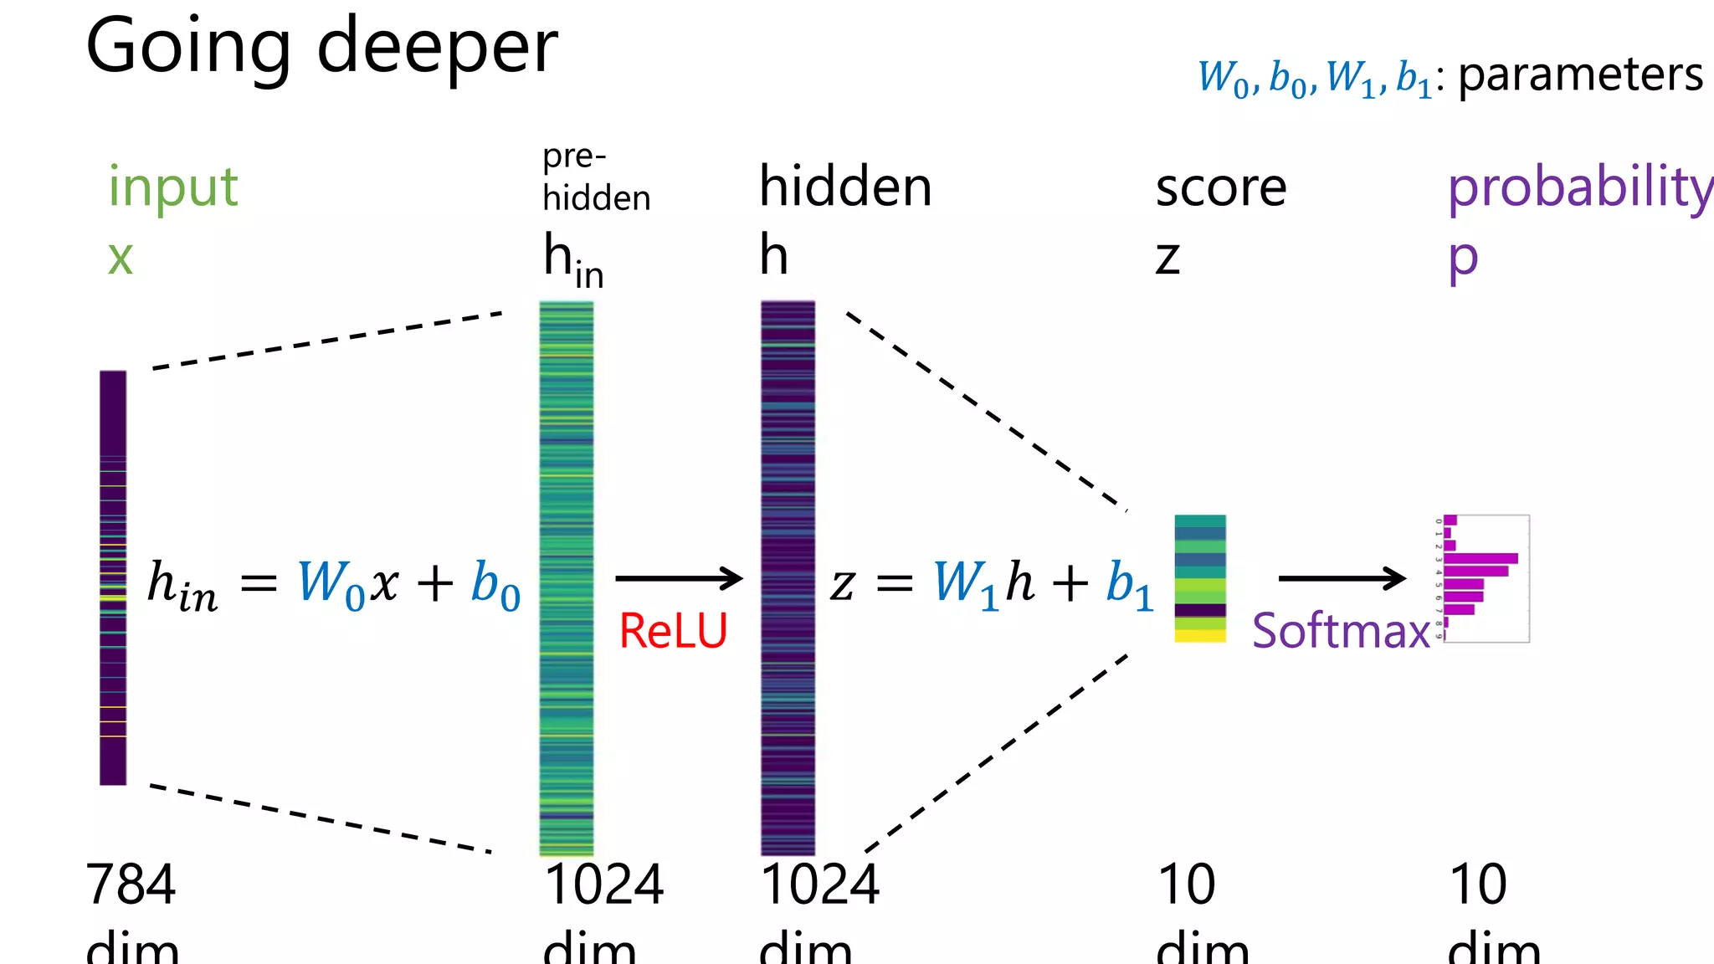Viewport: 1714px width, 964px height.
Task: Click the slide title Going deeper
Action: point(321,47)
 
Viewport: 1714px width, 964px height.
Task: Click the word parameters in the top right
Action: point(1580,75)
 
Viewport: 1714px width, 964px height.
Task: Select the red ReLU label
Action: point(673,631)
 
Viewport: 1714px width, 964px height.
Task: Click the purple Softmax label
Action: point(1341,631)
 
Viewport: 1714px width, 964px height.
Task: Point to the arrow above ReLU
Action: point(678,578)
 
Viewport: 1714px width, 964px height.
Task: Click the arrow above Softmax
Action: point(1342,578)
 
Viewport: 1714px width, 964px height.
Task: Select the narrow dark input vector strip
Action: point(113,577)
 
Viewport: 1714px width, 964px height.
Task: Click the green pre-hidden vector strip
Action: point(567,577)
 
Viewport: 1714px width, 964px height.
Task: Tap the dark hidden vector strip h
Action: point(788,577)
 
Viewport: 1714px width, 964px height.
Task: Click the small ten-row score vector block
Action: point(1200,578)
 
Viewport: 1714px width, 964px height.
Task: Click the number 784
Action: point(131,885)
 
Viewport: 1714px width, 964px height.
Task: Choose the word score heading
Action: point(1220,187)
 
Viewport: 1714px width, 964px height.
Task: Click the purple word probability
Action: point(1580,187)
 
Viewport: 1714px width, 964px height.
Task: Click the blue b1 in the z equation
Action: point(1128,583)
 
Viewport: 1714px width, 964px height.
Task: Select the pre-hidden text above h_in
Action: point(595,177)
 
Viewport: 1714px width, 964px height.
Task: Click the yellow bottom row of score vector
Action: point(1200,637)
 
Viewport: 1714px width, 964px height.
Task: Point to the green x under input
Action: point(121,258)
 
